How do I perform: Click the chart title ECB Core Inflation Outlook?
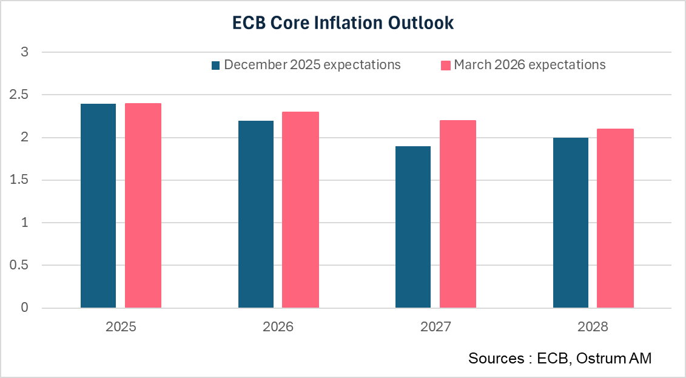pyautogui.click(x=343, y=24)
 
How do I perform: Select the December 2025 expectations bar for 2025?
pyautogui.click(x=98, y=206)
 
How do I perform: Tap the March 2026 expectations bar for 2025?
pyautogui.click(x=143, y=206)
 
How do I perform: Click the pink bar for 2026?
pyautogui.click(x=300, y=210)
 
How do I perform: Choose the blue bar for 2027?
pyautogui.click(x=413, y=227)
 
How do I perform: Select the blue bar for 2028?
pyautogui.click(x=570, y=223)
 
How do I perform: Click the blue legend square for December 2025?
pyautogui.click(x=216, y=65)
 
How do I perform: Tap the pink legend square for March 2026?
pyautogui.click(x=445, y=65)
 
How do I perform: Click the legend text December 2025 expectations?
pyautogui.click(x=312, y=65)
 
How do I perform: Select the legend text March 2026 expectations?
pyautogui.click(x=530, y=65)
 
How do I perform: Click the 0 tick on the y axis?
pyautogui.click(x=25, y=308)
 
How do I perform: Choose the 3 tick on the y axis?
pyautogui.click(x=25, y=53)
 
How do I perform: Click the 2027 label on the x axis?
pyautogui.click(x=435, y=327)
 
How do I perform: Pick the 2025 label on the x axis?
pyautogui.click(x=121, y=327)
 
